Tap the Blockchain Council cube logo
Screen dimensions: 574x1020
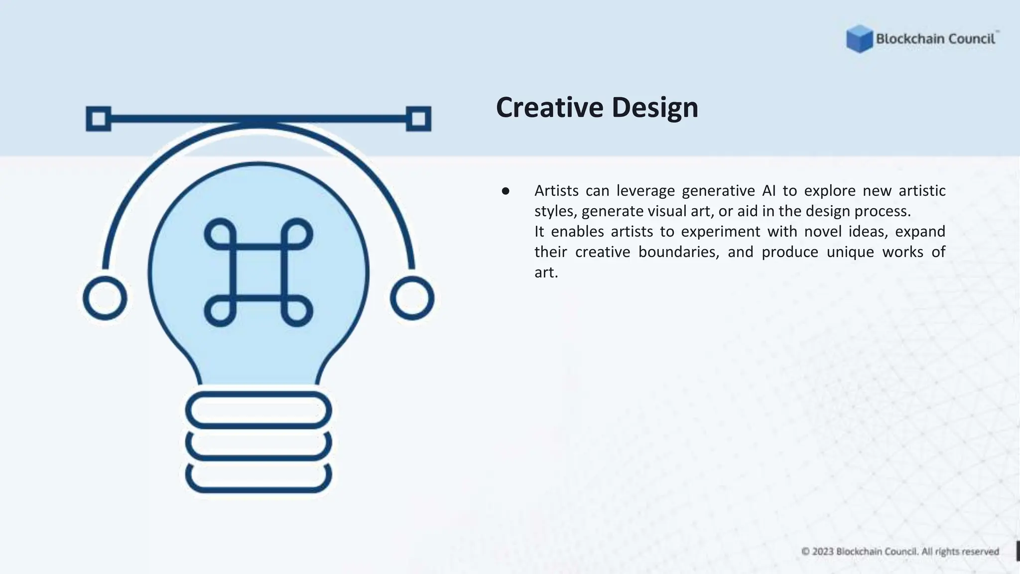[x=859, y=39]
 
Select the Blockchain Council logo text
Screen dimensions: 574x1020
[x=935, y=39]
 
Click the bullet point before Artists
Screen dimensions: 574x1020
[x=506, y=191]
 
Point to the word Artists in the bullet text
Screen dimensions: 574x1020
[x=556, y=191]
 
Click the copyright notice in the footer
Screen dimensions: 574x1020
[x=900, y=552]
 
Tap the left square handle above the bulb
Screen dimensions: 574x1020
[x=99, y=119]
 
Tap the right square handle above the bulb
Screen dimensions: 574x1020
[x=418, y=119]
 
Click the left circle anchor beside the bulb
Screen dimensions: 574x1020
[x=105, y=298]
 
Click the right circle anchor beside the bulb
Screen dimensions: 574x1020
[x=412, y=298]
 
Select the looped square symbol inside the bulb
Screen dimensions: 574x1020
[x=258, y=272]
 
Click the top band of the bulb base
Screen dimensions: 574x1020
[x=258, y=410]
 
